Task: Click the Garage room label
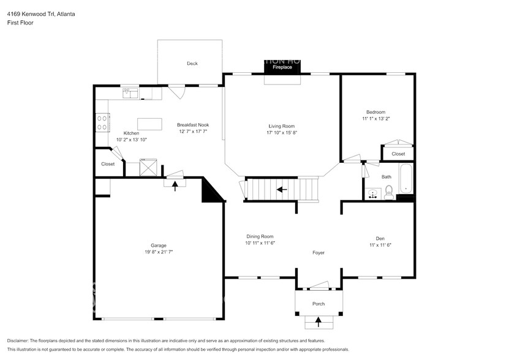(x=159, y=246)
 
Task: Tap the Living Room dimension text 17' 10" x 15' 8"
(x=281, y=133)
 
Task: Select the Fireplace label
(x=282, y=67)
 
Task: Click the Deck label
(x=192, y=64)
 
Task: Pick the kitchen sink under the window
(x=130, y=93)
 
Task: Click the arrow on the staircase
(x=282, y=189)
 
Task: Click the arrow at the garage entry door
(x=175, y=186)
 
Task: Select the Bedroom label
(x=375, y=112)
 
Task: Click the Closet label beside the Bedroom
(x=398, y=154)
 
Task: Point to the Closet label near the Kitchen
(x=108, y=164)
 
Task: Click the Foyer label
(x=318, y=252)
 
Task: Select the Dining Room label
(x=260, y=236)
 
